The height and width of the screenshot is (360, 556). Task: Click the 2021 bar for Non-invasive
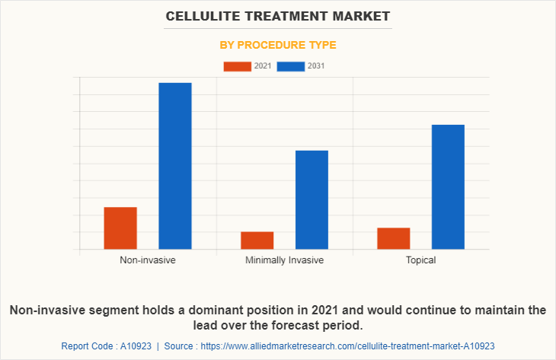120,228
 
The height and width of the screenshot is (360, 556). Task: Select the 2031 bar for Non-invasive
175,165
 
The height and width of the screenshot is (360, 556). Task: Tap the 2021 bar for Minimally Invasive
257,240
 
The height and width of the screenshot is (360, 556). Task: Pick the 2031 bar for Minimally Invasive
312,199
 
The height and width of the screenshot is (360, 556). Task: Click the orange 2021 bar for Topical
393,238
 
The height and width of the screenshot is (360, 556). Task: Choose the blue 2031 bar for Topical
448,186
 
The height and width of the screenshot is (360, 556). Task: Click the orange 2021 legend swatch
237,66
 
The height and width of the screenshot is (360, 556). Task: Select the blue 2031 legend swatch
290,66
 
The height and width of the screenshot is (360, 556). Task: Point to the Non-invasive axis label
148,260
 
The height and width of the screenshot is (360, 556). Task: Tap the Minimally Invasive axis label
284,260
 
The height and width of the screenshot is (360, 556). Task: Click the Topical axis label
420,260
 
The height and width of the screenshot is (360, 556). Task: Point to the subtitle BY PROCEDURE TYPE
278,45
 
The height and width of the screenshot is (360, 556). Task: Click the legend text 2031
316,66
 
